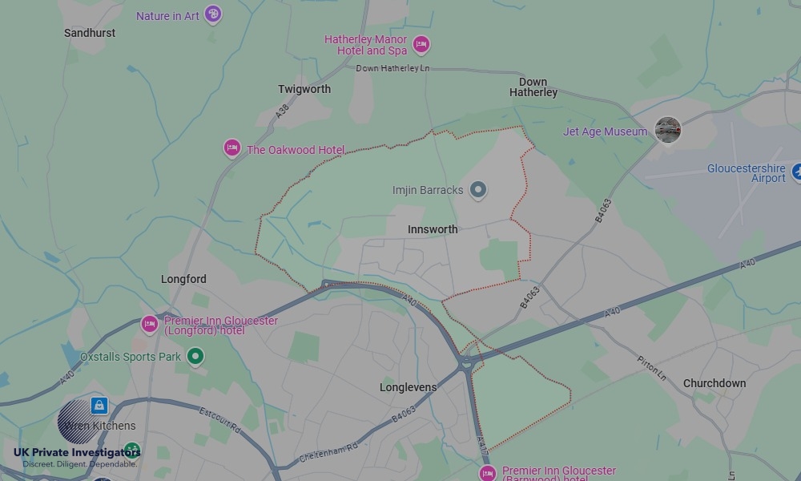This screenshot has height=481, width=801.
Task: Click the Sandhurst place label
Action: [90, 33]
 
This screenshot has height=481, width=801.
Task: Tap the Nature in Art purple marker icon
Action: [212, 14]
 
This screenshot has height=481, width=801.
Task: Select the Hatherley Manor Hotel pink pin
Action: [421, 44]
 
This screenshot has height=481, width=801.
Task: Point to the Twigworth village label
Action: [304, 89]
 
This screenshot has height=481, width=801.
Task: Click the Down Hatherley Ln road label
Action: [392, 69]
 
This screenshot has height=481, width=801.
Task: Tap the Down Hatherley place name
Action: [533, 87]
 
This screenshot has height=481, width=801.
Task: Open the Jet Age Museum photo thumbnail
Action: [667, 129]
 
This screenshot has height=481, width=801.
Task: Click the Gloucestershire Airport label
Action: [746, 173]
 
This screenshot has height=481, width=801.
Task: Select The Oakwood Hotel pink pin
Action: [232, 148]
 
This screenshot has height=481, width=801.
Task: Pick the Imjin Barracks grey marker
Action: [478, 190]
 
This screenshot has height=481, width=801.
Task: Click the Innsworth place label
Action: [433, 229]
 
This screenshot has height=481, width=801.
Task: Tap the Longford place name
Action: [183, 279]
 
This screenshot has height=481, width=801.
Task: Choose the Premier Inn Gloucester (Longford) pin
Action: [149, 324]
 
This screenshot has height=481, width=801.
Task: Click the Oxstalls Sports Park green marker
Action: [195, 356]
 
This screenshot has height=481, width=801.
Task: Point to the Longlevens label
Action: [409, 387]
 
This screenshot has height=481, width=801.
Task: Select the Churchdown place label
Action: [714, 383]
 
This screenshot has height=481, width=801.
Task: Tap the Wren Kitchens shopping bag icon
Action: [99, 405]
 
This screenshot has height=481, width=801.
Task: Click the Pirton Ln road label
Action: [652, 368]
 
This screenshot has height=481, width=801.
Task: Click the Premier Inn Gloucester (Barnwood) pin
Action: [487, 473]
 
